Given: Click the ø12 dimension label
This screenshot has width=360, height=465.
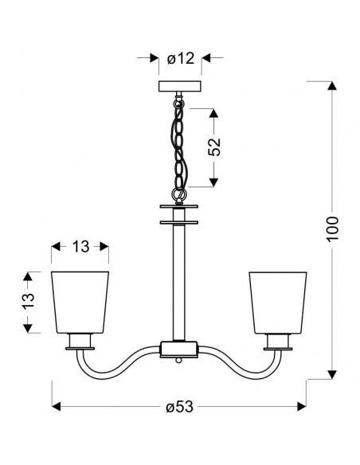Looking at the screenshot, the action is pyautogui.click(x=181, y=58).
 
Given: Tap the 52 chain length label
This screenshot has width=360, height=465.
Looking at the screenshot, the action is pyautogui.click(x=214, y=147).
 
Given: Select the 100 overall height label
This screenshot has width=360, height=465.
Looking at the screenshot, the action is pyautogui.click(x=332, y=229).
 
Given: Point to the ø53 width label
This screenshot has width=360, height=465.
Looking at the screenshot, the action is pyautogui.click(x=179, y=406).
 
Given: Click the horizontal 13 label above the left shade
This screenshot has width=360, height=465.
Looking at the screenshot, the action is pyautogui.click(x=80, y=247).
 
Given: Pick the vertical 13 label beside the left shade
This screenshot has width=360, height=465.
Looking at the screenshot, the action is pyautogui.click(x=29, y=301).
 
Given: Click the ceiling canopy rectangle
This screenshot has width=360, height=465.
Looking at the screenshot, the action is pyautogui.click(x=180, y=86).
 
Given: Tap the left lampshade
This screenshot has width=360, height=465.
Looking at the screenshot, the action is pyautogui.click(x=80, y=303).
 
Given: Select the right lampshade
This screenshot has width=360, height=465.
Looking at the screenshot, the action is pyautogui.click(x=278, y=303).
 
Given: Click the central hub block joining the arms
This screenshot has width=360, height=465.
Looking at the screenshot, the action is pyautogui.click(x=179, y=349).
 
